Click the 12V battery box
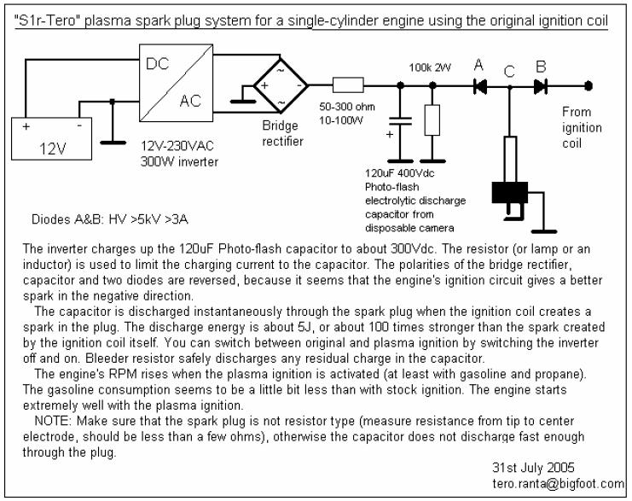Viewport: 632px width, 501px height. (x=51, y=139)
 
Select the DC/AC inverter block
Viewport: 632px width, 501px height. (x=177, y=83)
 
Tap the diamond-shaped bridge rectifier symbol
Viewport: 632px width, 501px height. (x=281, y=85)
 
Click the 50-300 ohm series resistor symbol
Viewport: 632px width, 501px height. (x=348, y=85)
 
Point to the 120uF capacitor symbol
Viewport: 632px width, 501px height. (x=400, y=121)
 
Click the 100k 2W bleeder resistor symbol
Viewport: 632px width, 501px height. (x=432, y=120)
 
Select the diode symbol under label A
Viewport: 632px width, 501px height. (x=479, y=86)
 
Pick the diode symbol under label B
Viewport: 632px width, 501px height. (x=541, y=86)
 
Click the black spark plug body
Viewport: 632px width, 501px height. (x=510, y=193)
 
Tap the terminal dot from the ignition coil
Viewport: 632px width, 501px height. (x=589, y=86)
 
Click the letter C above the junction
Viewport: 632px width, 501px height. (x=509, y=72)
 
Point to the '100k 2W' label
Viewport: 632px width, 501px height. (x=430, y=67)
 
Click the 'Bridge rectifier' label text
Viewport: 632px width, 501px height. (x=282, y=133)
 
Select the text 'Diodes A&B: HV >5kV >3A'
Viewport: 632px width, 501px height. (x=110, y=219)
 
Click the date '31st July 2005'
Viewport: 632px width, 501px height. (x=533, y=468)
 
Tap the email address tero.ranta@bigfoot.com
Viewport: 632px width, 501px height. (x=559, y=483)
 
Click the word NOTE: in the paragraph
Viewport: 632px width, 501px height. (x=53, y=421)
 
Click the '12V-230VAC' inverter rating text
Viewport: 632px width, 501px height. (x=177, y=146)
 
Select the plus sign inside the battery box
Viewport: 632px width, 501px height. (x=26, y=126)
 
